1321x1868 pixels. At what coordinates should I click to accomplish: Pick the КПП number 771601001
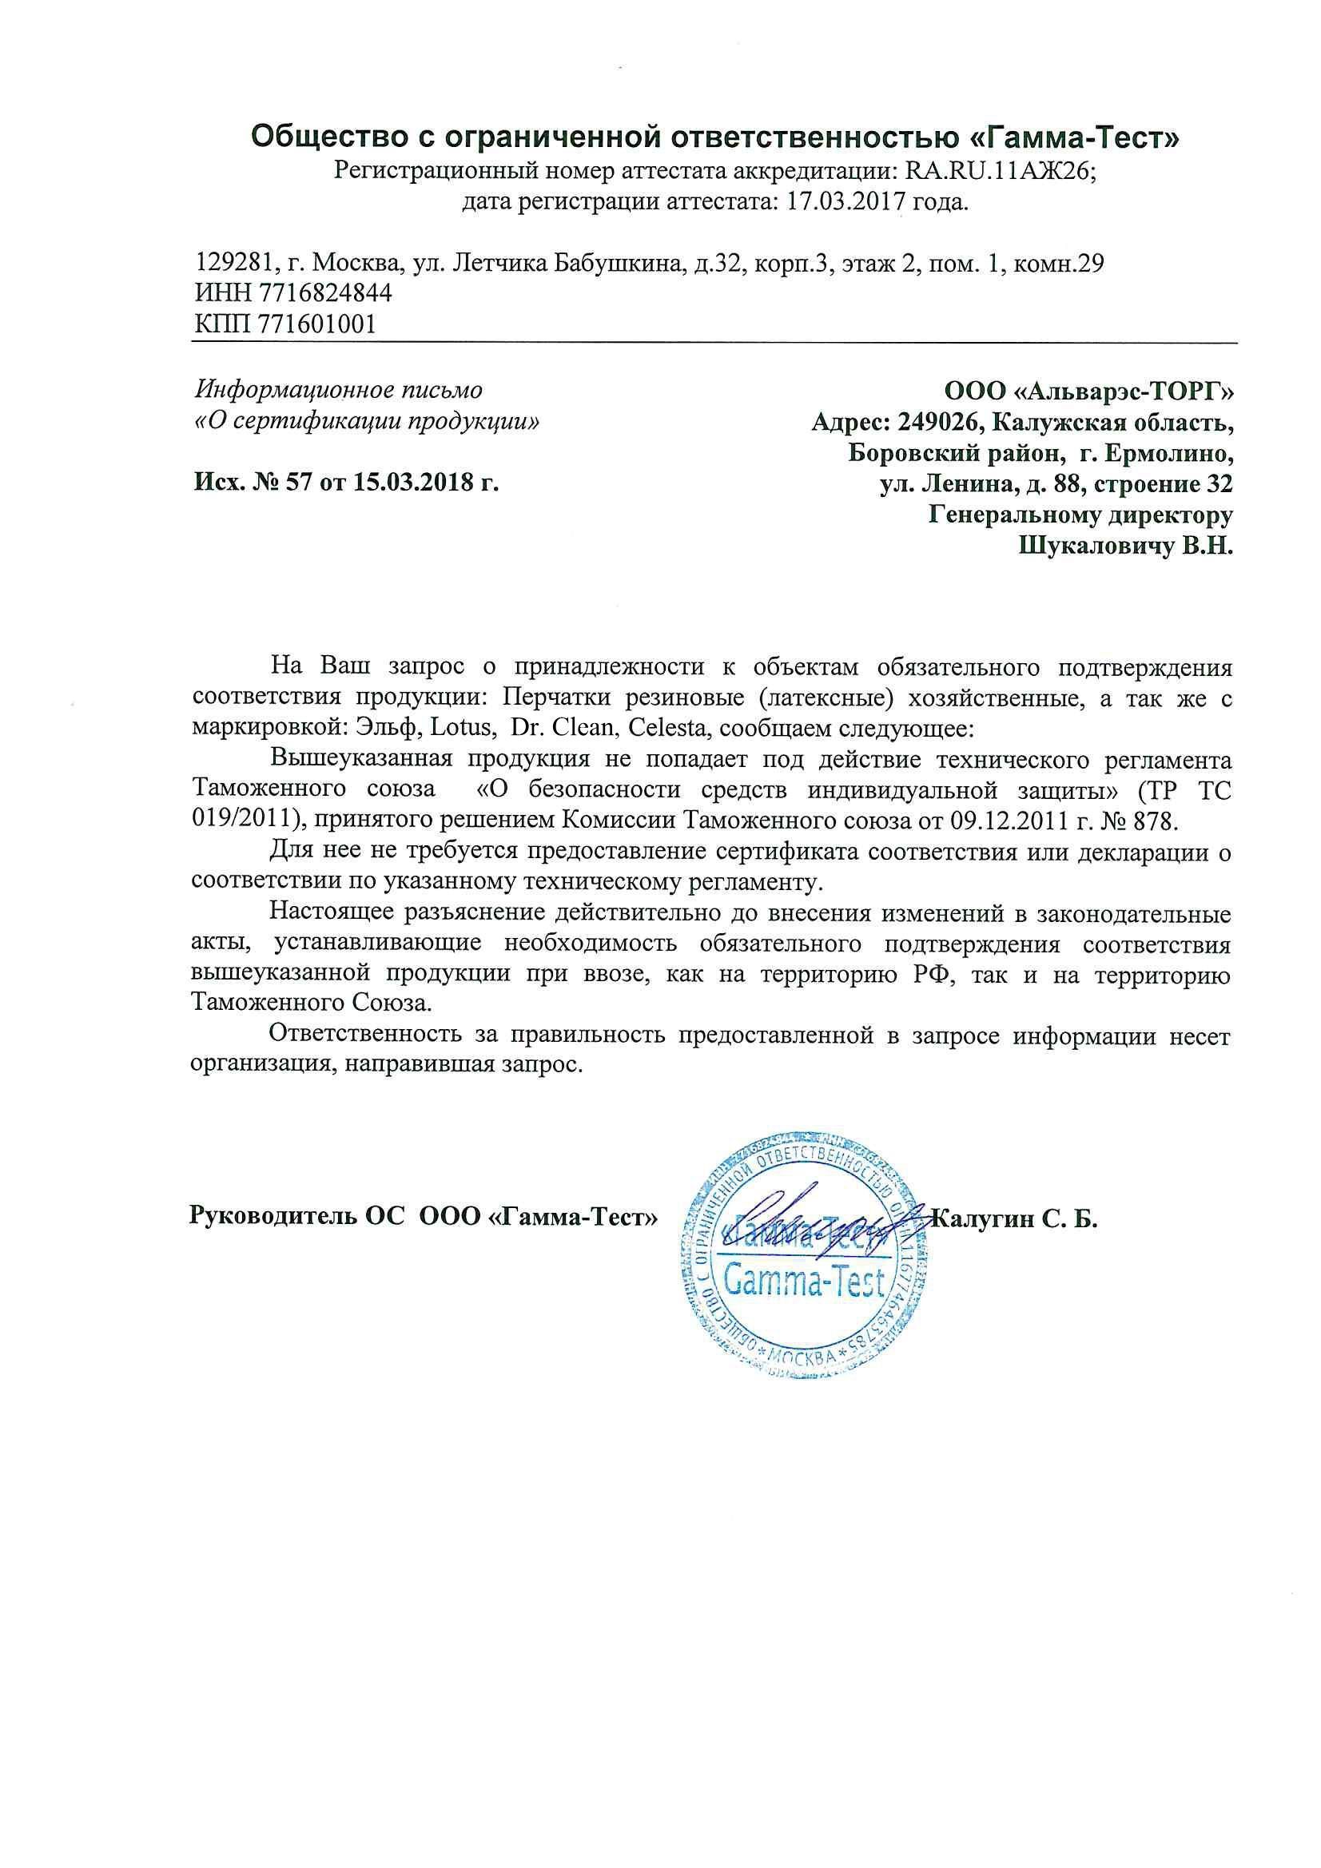click(x=316, y=324)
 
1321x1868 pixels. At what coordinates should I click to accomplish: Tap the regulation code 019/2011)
click(x=247, y=819)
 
